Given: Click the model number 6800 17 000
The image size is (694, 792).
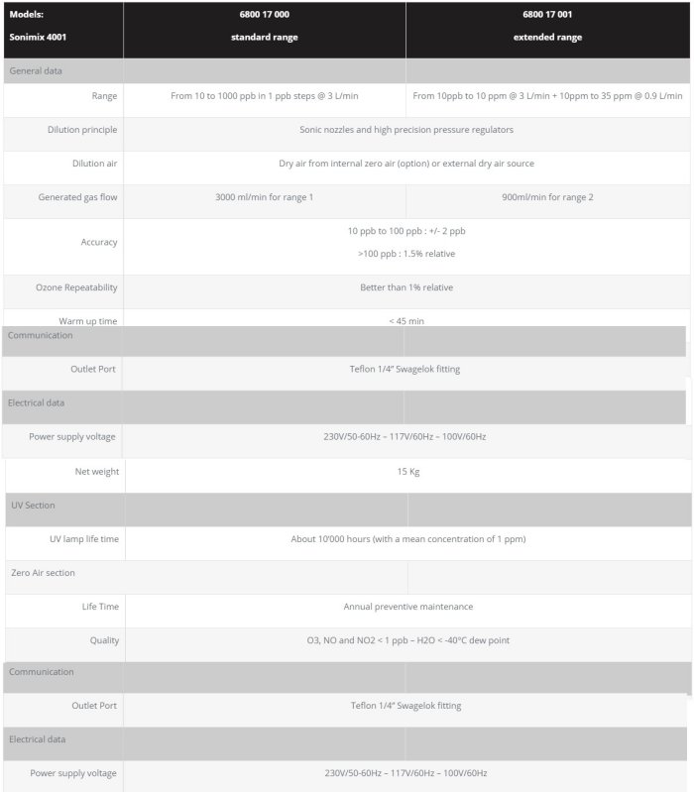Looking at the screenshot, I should click(264, 15).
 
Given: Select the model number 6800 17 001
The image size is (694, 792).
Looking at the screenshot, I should click(547, 15).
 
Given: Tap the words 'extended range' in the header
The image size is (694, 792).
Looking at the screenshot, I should click(547, 38).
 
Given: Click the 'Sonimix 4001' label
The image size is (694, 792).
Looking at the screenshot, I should click(39, 38).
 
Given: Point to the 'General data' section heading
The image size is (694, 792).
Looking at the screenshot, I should click(36, 71).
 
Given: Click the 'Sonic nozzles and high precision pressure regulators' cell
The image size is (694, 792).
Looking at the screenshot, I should click(406, 130).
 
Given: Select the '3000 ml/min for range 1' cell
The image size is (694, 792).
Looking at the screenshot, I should click(264, 197).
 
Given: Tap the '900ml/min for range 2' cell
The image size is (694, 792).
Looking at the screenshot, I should click(547, 197).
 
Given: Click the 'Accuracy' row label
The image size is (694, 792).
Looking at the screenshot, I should click(99, 242).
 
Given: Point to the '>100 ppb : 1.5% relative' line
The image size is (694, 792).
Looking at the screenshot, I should click(406, 254).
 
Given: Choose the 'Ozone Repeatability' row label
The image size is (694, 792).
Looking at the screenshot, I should click(77, 287).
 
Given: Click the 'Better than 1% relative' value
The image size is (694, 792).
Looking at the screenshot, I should click(406, 287).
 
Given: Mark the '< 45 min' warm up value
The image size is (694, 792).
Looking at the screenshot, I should click(406, 321).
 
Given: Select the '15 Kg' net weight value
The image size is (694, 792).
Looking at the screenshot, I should click(408, 472).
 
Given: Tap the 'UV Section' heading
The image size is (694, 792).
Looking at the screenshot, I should click(33, 506).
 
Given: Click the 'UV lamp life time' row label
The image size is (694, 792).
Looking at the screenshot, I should click(84, 539).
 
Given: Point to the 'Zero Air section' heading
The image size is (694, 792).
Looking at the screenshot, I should click(43, 573).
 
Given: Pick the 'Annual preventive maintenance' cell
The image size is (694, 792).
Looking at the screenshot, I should click(408, 607).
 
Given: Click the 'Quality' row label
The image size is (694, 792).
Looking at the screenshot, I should click(104, 640).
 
